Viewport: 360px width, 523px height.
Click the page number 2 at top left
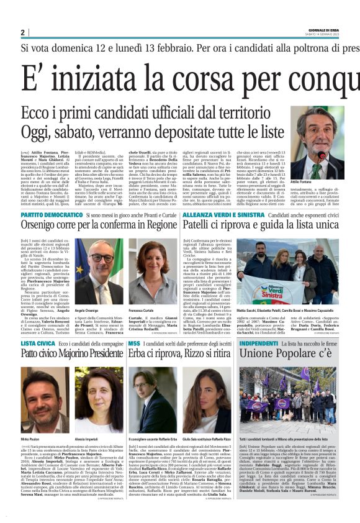click(22, 32)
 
